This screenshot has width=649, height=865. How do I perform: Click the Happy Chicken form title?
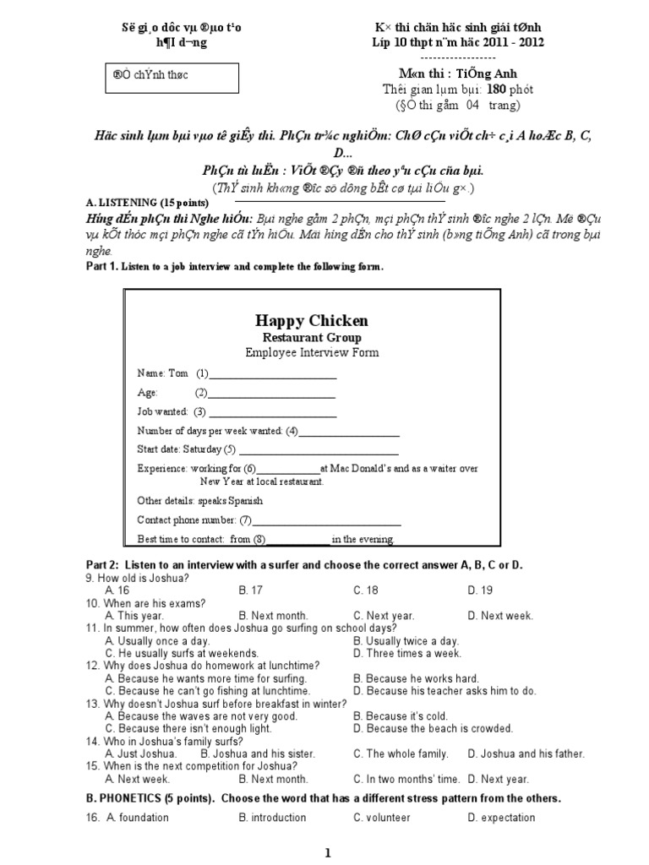(x=311, y=320)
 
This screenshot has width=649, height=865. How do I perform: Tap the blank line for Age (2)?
(x=271, y=396)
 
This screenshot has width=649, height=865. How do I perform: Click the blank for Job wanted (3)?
(x=273, y=416)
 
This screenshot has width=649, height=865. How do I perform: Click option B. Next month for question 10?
(x=273, y=616)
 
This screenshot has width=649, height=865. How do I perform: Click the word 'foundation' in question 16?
(x=144, y=818)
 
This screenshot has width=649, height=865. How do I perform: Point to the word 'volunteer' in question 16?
(x=388, y=818)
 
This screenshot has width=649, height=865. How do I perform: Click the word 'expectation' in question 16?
(x=506, y=818)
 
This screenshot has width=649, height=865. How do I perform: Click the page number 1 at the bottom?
(x=329, y=854)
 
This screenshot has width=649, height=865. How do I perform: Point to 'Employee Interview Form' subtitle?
(x=312, y=352)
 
